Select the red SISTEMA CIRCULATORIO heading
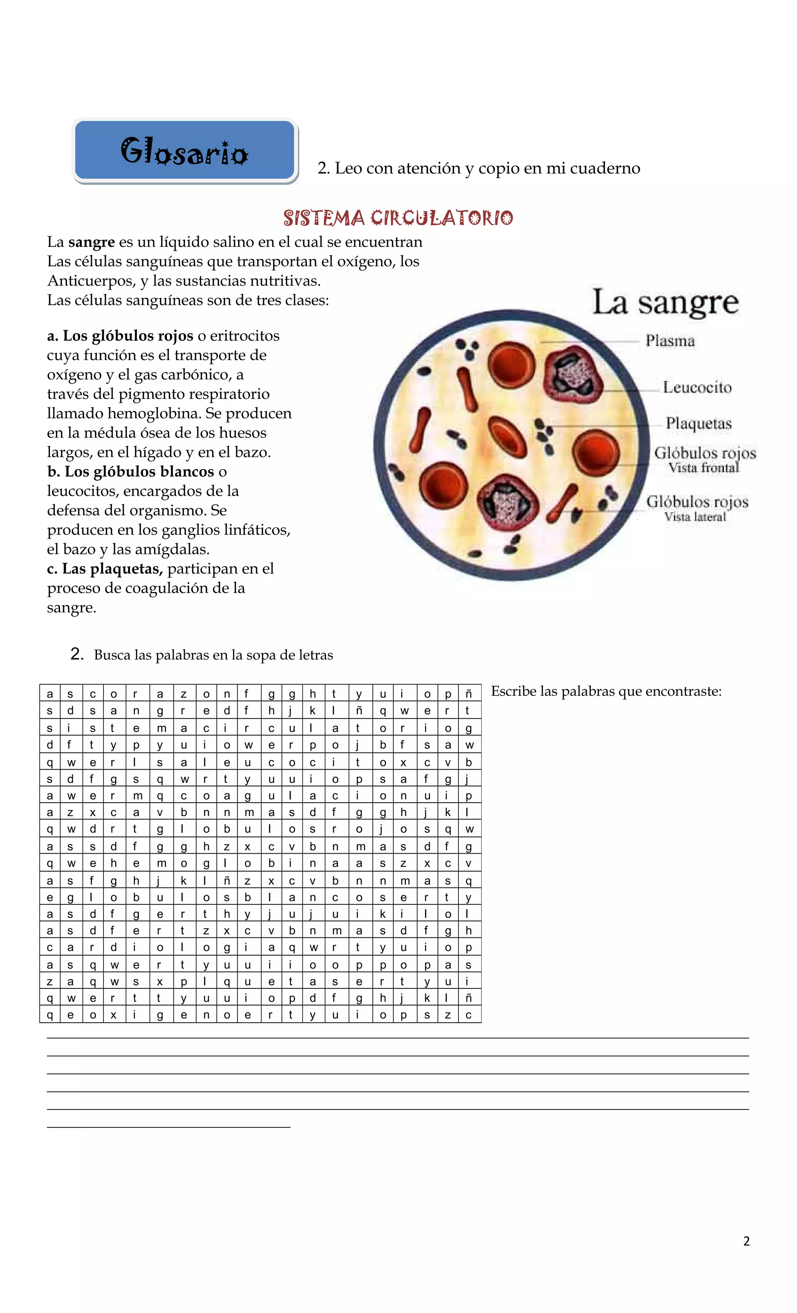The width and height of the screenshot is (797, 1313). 398,218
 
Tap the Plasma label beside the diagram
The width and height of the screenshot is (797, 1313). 670,341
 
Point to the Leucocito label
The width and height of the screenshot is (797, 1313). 697,387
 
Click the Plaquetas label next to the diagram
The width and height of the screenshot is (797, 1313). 699,424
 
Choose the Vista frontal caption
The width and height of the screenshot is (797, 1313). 704,468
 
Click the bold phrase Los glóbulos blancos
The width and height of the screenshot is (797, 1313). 139,471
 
